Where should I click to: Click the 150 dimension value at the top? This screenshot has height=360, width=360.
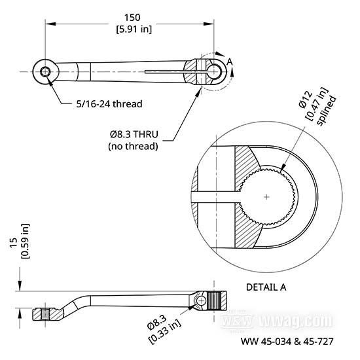pos(132,18)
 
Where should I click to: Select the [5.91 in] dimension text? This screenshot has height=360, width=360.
pos(134,29)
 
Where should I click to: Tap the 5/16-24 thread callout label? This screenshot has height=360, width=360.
pos(109,104)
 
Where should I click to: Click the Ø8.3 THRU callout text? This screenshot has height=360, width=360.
pos(134,134)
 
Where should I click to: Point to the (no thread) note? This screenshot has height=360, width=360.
pos(133,146)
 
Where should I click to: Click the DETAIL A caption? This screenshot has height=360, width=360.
pos(266,287)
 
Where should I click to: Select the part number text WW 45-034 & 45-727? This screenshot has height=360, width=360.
pos(287,342)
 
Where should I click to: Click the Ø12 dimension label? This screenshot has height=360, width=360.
pos(306,99)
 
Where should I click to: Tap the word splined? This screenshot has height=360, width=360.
pos(326,111)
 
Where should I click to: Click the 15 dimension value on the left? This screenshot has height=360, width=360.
pos(14,242)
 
